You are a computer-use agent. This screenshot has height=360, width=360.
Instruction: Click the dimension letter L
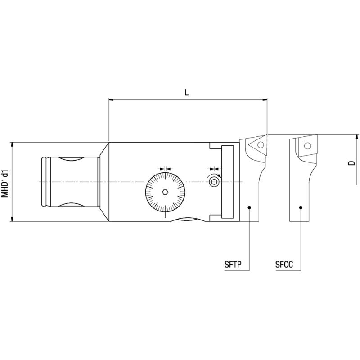[x=187, y=92]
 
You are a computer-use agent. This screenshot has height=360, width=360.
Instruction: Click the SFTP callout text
[x=234, y=265]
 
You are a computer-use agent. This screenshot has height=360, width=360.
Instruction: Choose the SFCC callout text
[x=284, y=265]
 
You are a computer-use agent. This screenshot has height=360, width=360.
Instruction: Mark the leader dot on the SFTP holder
[x=249, y=207]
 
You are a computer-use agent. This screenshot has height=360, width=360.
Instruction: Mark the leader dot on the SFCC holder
[x=301, y=207]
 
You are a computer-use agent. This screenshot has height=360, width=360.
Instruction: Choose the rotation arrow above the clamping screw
[x=214, y=174]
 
